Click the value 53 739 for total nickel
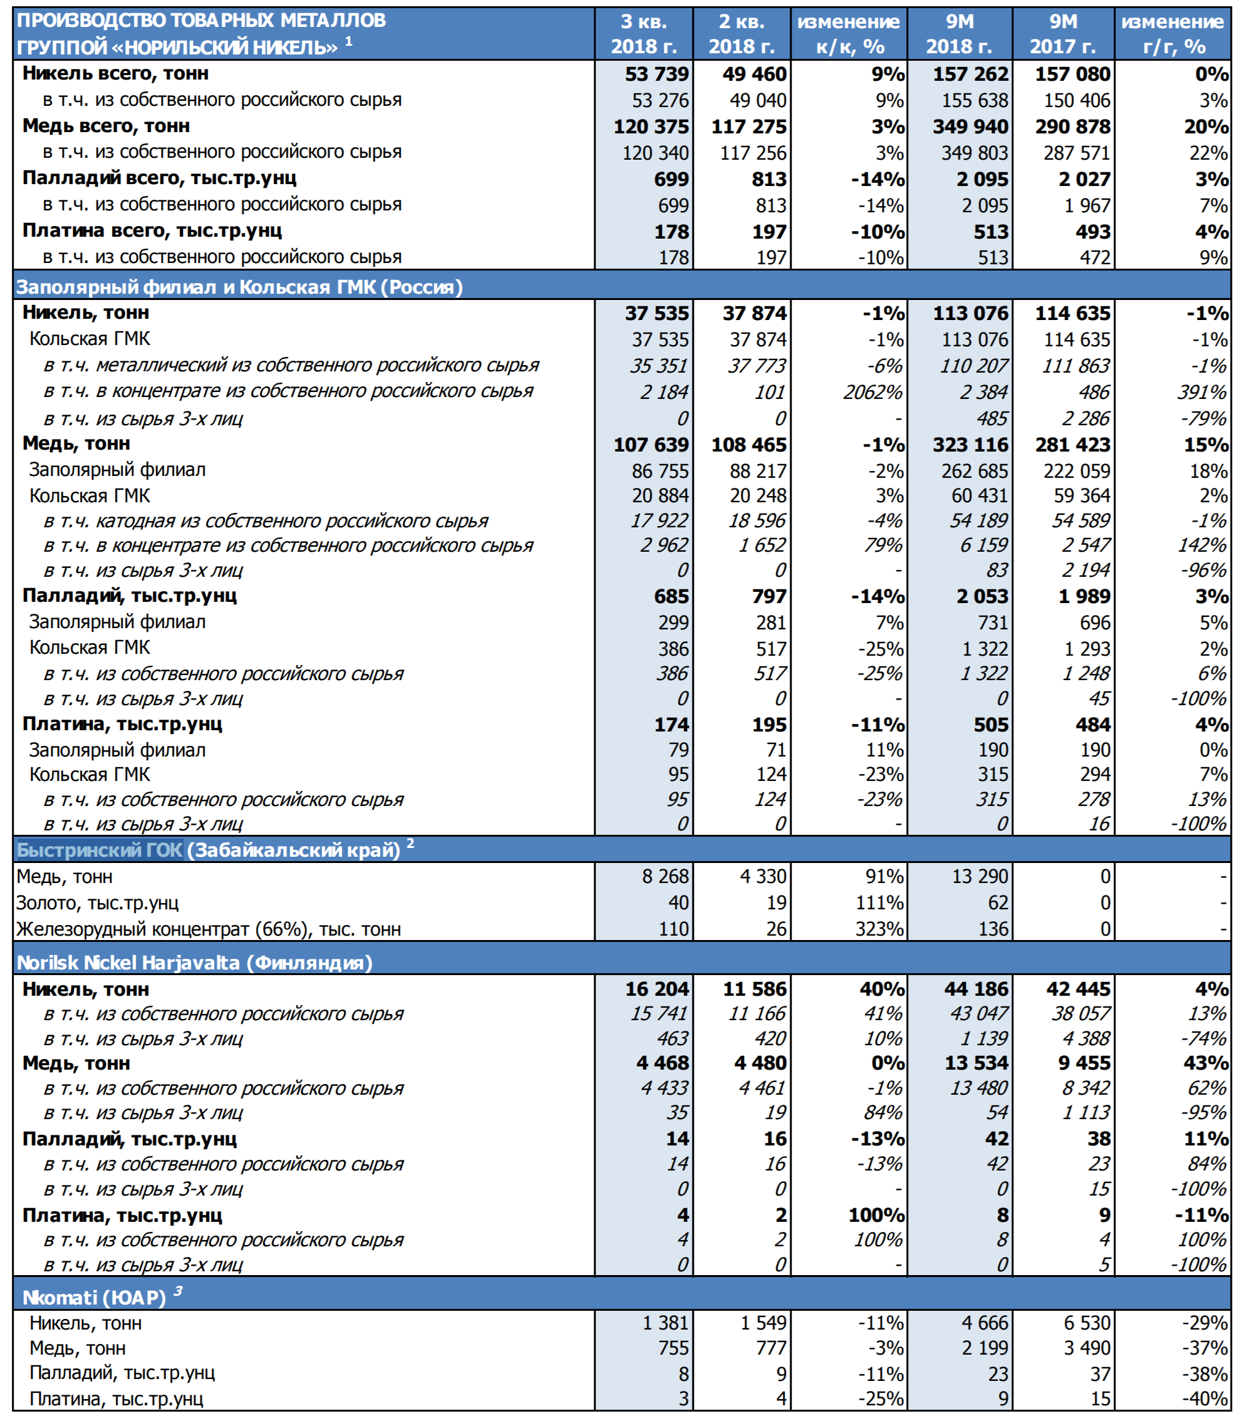click(x=656, y=74)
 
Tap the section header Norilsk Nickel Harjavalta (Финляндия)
click(x=195, y=963)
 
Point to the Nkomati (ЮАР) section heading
click(x=94, y=1298)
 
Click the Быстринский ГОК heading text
click(x=100, y=850)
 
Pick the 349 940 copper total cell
click(x=970, y=127)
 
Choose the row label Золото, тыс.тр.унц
click(x=97, y=903)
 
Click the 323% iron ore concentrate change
click(x=879, y=929)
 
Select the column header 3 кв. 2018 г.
click(x=643, y=34)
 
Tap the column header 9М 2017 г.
click(x=1062, y=34)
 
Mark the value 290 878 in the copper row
click(x=1072, y=127)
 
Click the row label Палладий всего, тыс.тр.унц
click(x=159, y=178)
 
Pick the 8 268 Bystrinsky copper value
click(x=665, y=877)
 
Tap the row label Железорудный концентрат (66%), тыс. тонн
click(x=209, y=929)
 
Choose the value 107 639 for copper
click(x=651, y=445)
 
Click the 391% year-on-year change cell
click(x=1201, y=392)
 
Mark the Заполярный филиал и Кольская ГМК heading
click(x=239, y=287)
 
